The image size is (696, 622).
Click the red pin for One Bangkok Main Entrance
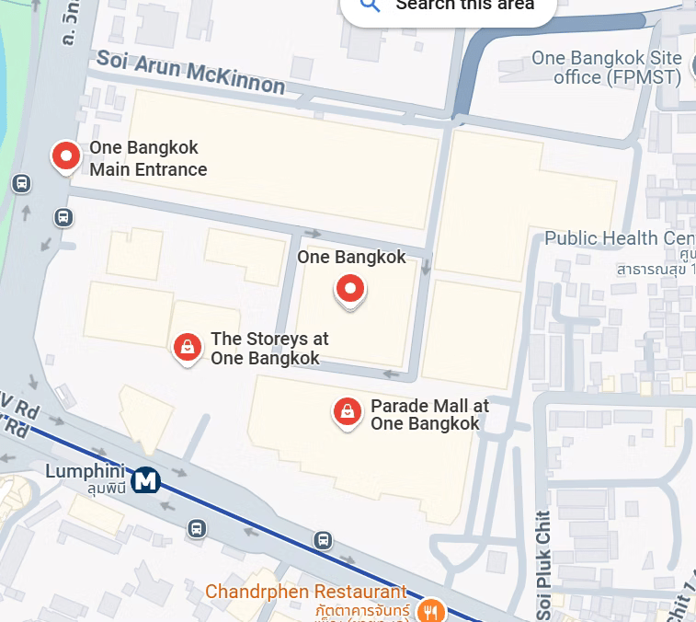65,156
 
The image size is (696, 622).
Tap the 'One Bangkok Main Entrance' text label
147,158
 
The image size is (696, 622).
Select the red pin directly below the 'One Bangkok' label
349,290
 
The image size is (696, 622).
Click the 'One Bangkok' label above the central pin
351,257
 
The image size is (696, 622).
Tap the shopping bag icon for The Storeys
188,347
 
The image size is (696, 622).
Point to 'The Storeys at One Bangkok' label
268,349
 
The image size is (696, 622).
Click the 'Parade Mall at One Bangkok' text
428,414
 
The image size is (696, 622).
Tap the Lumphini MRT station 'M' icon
145,480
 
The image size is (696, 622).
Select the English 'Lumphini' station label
84,471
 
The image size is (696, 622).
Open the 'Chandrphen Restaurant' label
305,591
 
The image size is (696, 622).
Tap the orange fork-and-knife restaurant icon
428,611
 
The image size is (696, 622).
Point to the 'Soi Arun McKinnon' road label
190,72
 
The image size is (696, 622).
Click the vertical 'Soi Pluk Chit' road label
543,564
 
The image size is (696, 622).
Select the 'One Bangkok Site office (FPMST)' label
607,68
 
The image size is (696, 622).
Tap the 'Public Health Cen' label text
613,238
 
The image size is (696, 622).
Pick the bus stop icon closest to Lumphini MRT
196,528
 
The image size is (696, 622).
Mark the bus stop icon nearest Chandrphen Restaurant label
323,540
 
